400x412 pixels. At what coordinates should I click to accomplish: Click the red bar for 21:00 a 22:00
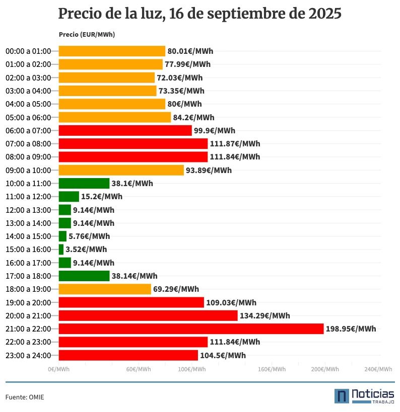click(191, 328)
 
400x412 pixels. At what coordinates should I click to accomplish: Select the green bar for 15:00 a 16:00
click(61, 250)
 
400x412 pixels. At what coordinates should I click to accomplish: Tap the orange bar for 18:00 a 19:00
click(105, 289)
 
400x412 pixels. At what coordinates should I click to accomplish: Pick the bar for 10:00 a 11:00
click(84, 184)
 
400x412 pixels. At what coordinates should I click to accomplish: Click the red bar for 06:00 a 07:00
click(125, 131)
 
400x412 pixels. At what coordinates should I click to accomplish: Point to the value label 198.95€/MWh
click(351, 329)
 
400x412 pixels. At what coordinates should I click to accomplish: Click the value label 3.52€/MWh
click(86, 250)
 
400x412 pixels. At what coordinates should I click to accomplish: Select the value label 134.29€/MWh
click(264, 316)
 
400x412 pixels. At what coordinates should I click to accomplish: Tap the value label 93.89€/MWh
click(209, 171)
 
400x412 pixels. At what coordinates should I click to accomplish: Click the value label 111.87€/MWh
click(235, 144)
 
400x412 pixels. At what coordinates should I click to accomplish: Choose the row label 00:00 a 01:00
click(28, 51)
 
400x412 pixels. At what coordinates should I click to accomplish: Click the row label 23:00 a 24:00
click(28, 356)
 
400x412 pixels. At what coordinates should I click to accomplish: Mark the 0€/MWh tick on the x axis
click(59, 369)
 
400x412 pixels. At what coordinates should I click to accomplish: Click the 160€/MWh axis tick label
click(272, 369)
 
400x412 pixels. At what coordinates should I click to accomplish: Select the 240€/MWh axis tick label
click(378, 369)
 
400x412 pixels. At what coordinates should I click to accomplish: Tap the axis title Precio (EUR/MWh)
click(87, 35)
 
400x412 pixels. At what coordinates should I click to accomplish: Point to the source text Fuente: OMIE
click(25, 397)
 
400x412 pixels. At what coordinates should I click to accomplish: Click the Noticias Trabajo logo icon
click(342, 396)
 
